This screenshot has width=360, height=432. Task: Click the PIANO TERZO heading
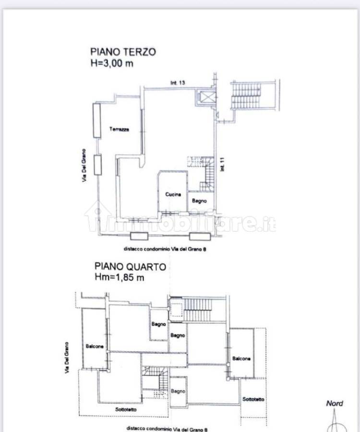click(123, 52)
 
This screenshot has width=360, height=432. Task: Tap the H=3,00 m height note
click(112, 63)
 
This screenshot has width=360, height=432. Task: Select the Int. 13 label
click(178, 83)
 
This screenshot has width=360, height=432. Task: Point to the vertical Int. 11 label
click(222, 164)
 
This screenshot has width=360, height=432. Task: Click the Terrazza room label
click(119, 129)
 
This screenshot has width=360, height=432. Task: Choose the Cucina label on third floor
click(173, 194)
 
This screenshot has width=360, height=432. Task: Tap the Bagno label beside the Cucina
click(199, 201)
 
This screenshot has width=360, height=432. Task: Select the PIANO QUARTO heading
click(130, 266)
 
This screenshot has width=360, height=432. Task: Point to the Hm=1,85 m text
click(119, 277)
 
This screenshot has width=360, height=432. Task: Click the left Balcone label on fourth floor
click(95, 346)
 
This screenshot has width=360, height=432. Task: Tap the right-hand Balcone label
click(241, 359)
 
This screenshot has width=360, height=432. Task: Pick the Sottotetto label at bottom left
click(126, 409)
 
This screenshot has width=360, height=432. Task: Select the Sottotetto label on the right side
click(253, 399)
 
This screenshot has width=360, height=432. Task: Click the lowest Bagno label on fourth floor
click(178, 391)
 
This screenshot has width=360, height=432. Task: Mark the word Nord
click(335, 403)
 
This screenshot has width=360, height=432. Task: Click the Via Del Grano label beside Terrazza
click(84, 165)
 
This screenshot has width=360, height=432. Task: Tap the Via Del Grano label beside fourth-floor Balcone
click(67, 358)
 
